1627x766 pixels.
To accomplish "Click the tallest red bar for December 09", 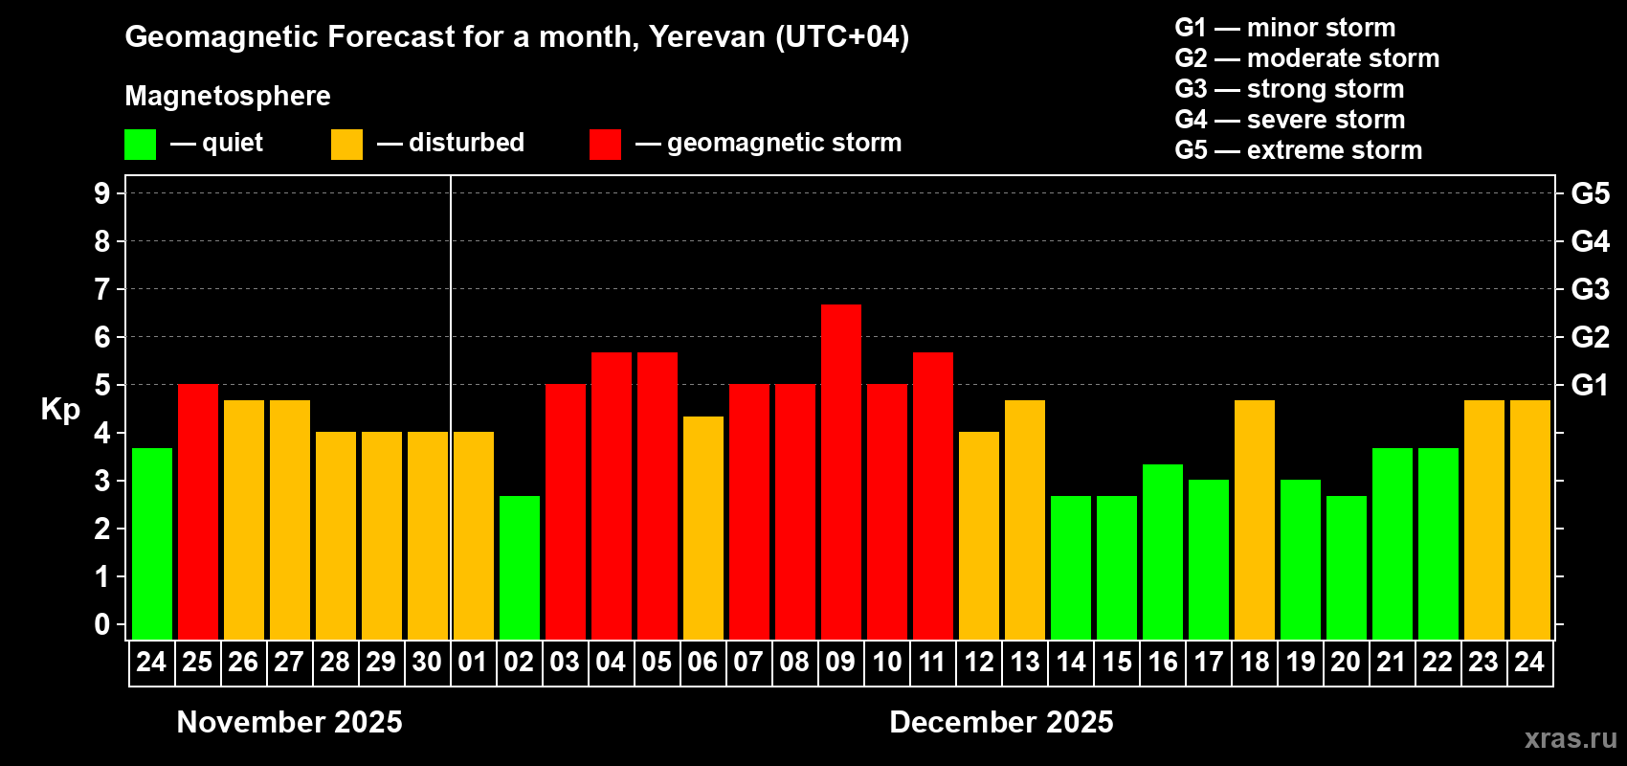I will [840, 471].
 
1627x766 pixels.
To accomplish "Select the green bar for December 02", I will [520, 567].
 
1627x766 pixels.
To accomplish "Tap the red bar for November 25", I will [198, 511].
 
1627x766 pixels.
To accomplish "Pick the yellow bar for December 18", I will [1255, 519].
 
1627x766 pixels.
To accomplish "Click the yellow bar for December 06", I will [703, 528].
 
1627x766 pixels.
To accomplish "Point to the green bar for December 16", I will [1163, 552].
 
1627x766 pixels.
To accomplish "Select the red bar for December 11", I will [933, 495].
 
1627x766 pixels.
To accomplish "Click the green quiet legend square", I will [140, 145].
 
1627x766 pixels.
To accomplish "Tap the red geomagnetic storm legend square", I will [605, 145].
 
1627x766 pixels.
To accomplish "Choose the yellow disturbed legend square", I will [346, 145].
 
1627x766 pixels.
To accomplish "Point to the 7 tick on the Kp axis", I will [102, 289].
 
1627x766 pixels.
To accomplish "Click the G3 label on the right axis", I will [1590, 289].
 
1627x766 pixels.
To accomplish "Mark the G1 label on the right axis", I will [1590, 385].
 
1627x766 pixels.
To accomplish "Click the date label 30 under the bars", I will [427, 662].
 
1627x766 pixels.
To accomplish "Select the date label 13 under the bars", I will [1025, 662].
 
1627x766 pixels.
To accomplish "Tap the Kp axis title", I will [60, 410].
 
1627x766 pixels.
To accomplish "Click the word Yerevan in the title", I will [707, 36].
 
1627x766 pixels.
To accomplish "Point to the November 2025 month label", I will [290, 722].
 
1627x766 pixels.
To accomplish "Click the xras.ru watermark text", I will [1570, 738].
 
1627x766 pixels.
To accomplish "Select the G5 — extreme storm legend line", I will [1298, 150].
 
